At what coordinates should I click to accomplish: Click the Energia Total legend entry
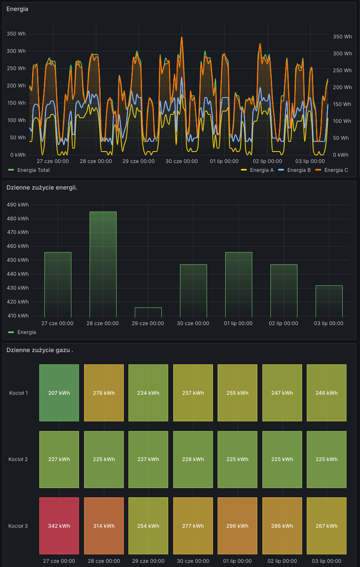33,170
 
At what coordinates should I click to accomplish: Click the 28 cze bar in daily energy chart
103,264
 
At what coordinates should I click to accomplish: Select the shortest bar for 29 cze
148,312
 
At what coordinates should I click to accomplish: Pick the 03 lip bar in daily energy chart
329,301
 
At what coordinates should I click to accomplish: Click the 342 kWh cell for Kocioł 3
59,526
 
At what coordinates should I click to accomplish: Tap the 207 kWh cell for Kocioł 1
59,393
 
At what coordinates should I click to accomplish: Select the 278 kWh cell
104,393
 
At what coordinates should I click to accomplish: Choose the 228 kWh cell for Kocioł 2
193,459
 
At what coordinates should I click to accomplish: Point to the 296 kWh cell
237,526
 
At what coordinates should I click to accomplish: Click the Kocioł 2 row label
18,459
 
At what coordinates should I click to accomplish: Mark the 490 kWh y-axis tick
18,205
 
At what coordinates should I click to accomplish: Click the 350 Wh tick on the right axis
342,37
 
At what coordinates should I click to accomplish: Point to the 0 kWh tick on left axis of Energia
18,155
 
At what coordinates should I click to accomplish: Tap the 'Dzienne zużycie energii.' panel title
42,187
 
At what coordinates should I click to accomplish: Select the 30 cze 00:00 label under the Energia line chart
181,161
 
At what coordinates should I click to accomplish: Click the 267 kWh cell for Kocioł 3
326,526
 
